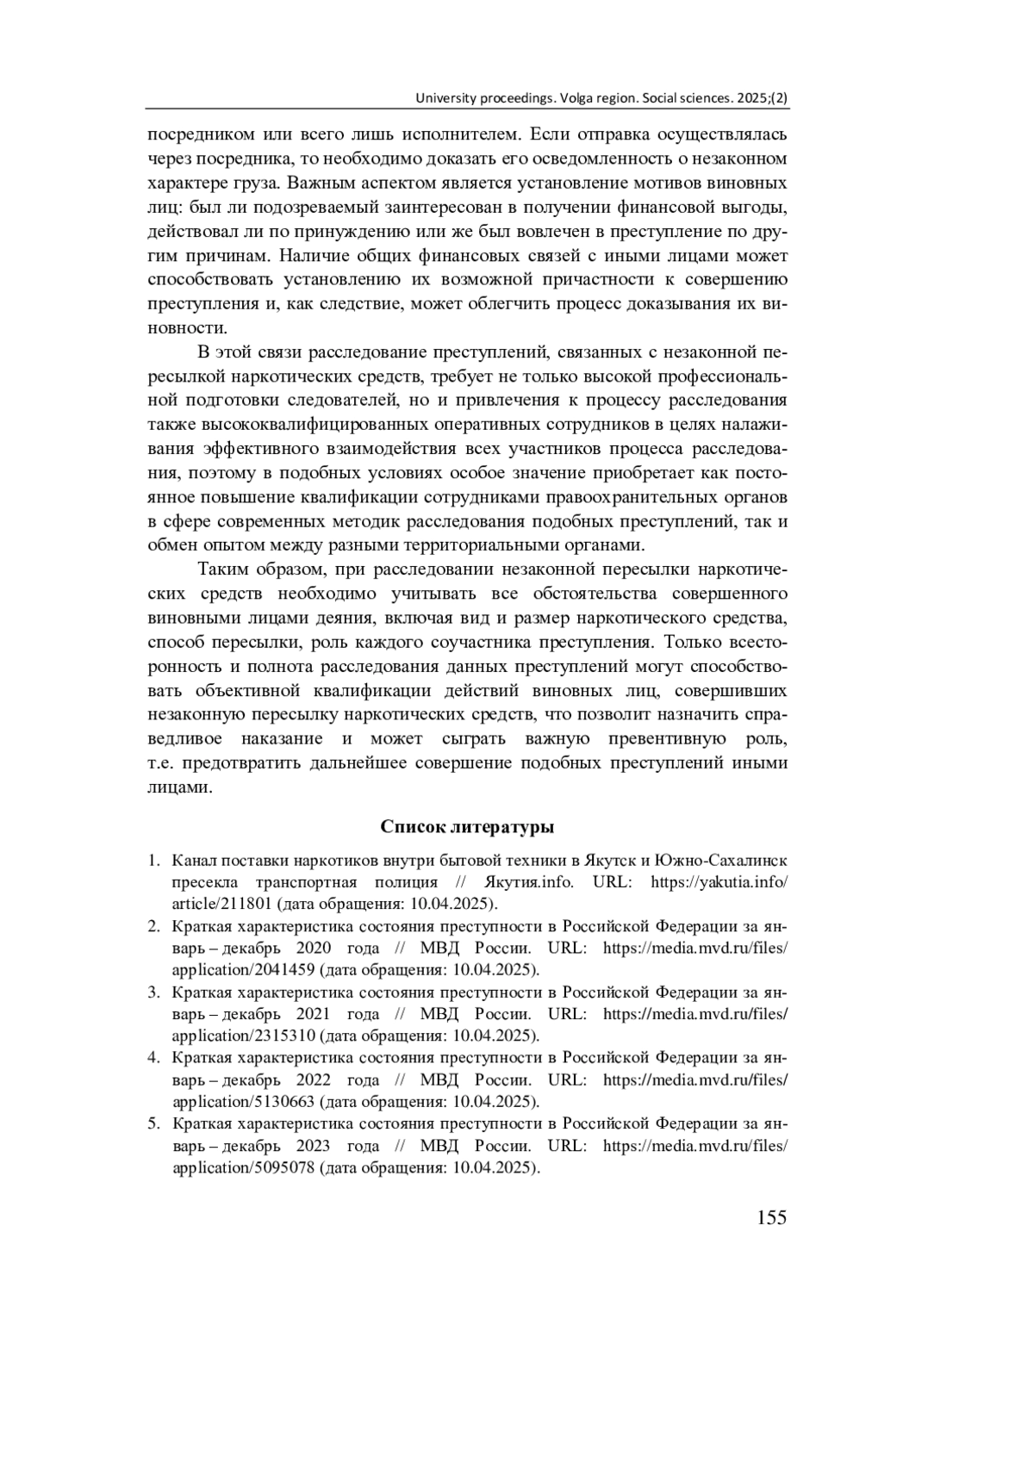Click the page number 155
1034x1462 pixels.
coord(771,1217)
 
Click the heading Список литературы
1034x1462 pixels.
coord(466,827)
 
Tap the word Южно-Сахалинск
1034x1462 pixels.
coord(721,861)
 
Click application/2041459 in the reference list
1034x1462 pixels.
coord(243,970)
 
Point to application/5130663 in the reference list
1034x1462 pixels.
coord(243,1102)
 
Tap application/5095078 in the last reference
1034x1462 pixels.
coord(243,1168)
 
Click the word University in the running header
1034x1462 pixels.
coord(445,98)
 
